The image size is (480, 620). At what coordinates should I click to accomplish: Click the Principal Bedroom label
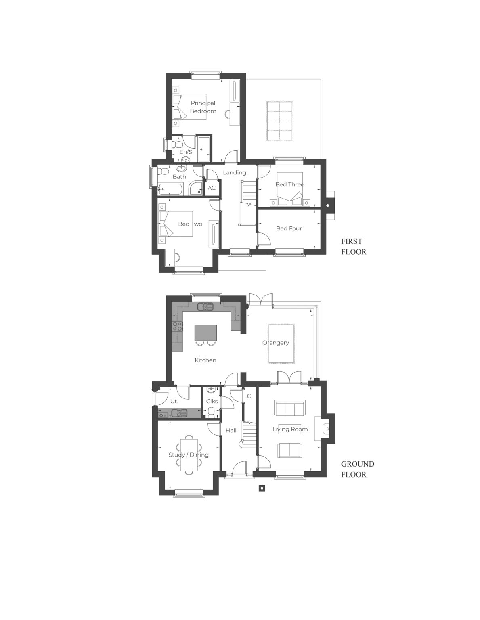(x=203, y=107)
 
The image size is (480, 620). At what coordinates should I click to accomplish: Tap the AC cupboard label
(x=212, y=188)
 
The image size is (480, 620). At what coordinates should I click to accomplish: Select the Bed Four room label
(x=289, y=228)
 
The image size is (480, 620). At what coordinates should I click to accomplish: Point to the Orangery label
(x=276, y=343)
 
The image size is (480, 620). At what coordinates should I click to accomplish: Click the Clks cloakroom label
(x=212, y=401)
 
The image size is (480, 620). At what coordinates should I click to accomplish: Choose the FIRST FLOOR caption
(x=354, y=247)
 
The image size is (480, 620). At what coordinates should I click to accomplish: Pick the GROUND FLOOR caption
(x=357, y=469)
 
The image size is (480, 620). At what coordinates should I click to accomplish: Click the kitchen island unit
(x=205, y=333)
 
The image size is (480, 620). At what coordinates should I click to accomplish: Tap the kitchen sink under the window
(x=205, y=307)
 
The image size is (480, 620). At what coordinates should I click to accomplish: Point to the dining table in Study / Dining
(x=189, y=455)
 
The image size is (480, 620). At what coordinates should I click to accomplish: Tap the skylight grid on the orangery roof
(x=279, y=121)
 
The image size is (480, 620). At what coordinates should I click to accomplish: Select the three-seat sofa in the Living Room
(x=289, y=408)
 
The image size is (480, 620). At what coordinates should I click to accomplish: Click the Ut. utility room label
(x=174, y=402)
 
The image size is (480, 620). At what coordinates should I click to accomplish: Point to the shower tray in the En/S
(x=203, y=149)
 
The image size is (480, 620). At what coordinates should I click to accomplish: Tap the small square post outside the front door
(x=262, y=488)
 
